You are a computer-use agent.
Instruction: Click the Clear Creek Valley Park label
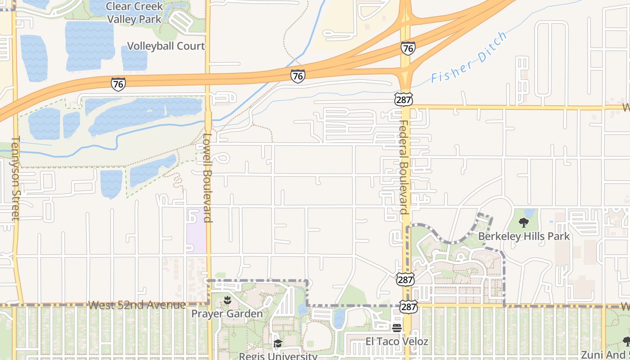134,13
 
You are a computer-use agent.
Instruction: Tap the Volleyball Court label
166,46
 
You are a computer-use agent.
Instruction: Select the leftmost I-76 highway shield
118,84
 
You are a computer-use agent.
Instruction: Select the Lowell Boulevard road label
207,177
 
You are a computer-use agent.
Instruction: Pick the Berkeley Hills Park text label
524,236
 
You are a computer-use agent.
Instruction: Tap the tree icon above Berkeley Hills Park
523,222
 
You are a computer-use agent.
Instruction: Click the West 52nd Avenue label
137,305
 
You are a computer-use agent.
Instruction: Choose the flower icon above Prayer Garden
227,300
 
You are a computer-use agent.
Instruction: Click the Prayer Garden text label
227,314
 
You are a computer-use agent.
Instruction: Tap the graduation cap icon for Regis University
278,344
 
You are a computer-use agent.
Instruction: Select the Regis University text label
278,356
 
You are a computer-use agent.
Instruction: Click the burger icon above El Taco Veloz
396,328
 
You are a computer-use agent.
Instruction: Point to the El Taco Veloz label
396,342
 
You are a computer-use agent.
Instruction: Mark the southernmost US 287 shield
410,306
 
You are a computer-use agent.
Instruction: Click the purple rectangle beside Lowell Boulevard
196,229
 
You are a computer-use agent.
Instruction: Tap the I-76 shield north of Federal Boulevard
408,48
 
